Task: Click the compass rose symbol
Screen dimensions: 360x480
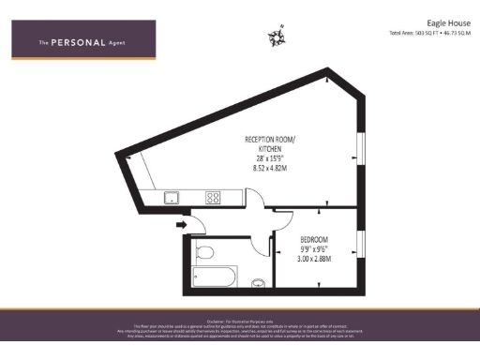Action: coord(277,37)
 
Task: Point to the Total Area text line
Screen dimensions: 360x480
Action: coord(430,33)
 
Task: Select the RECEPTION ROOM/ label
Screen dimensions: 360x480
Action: coord(266,141)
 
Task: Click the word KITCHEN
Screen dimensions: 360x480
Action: coord(266,150)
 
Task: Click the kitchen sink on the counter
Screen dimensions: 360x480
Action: coord(172,197)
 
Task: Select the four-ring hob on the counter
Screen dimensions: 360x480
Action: coord(214,197)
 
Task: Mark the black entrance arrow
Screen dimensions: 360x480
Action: coord(181,224)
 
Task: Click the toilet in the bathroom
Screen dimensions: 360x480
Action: coord(205,251)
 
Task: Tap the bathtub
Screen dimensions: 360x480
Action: coord(213,277)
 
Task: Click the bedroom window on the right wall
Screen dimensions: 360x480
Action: coord(362,245)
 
